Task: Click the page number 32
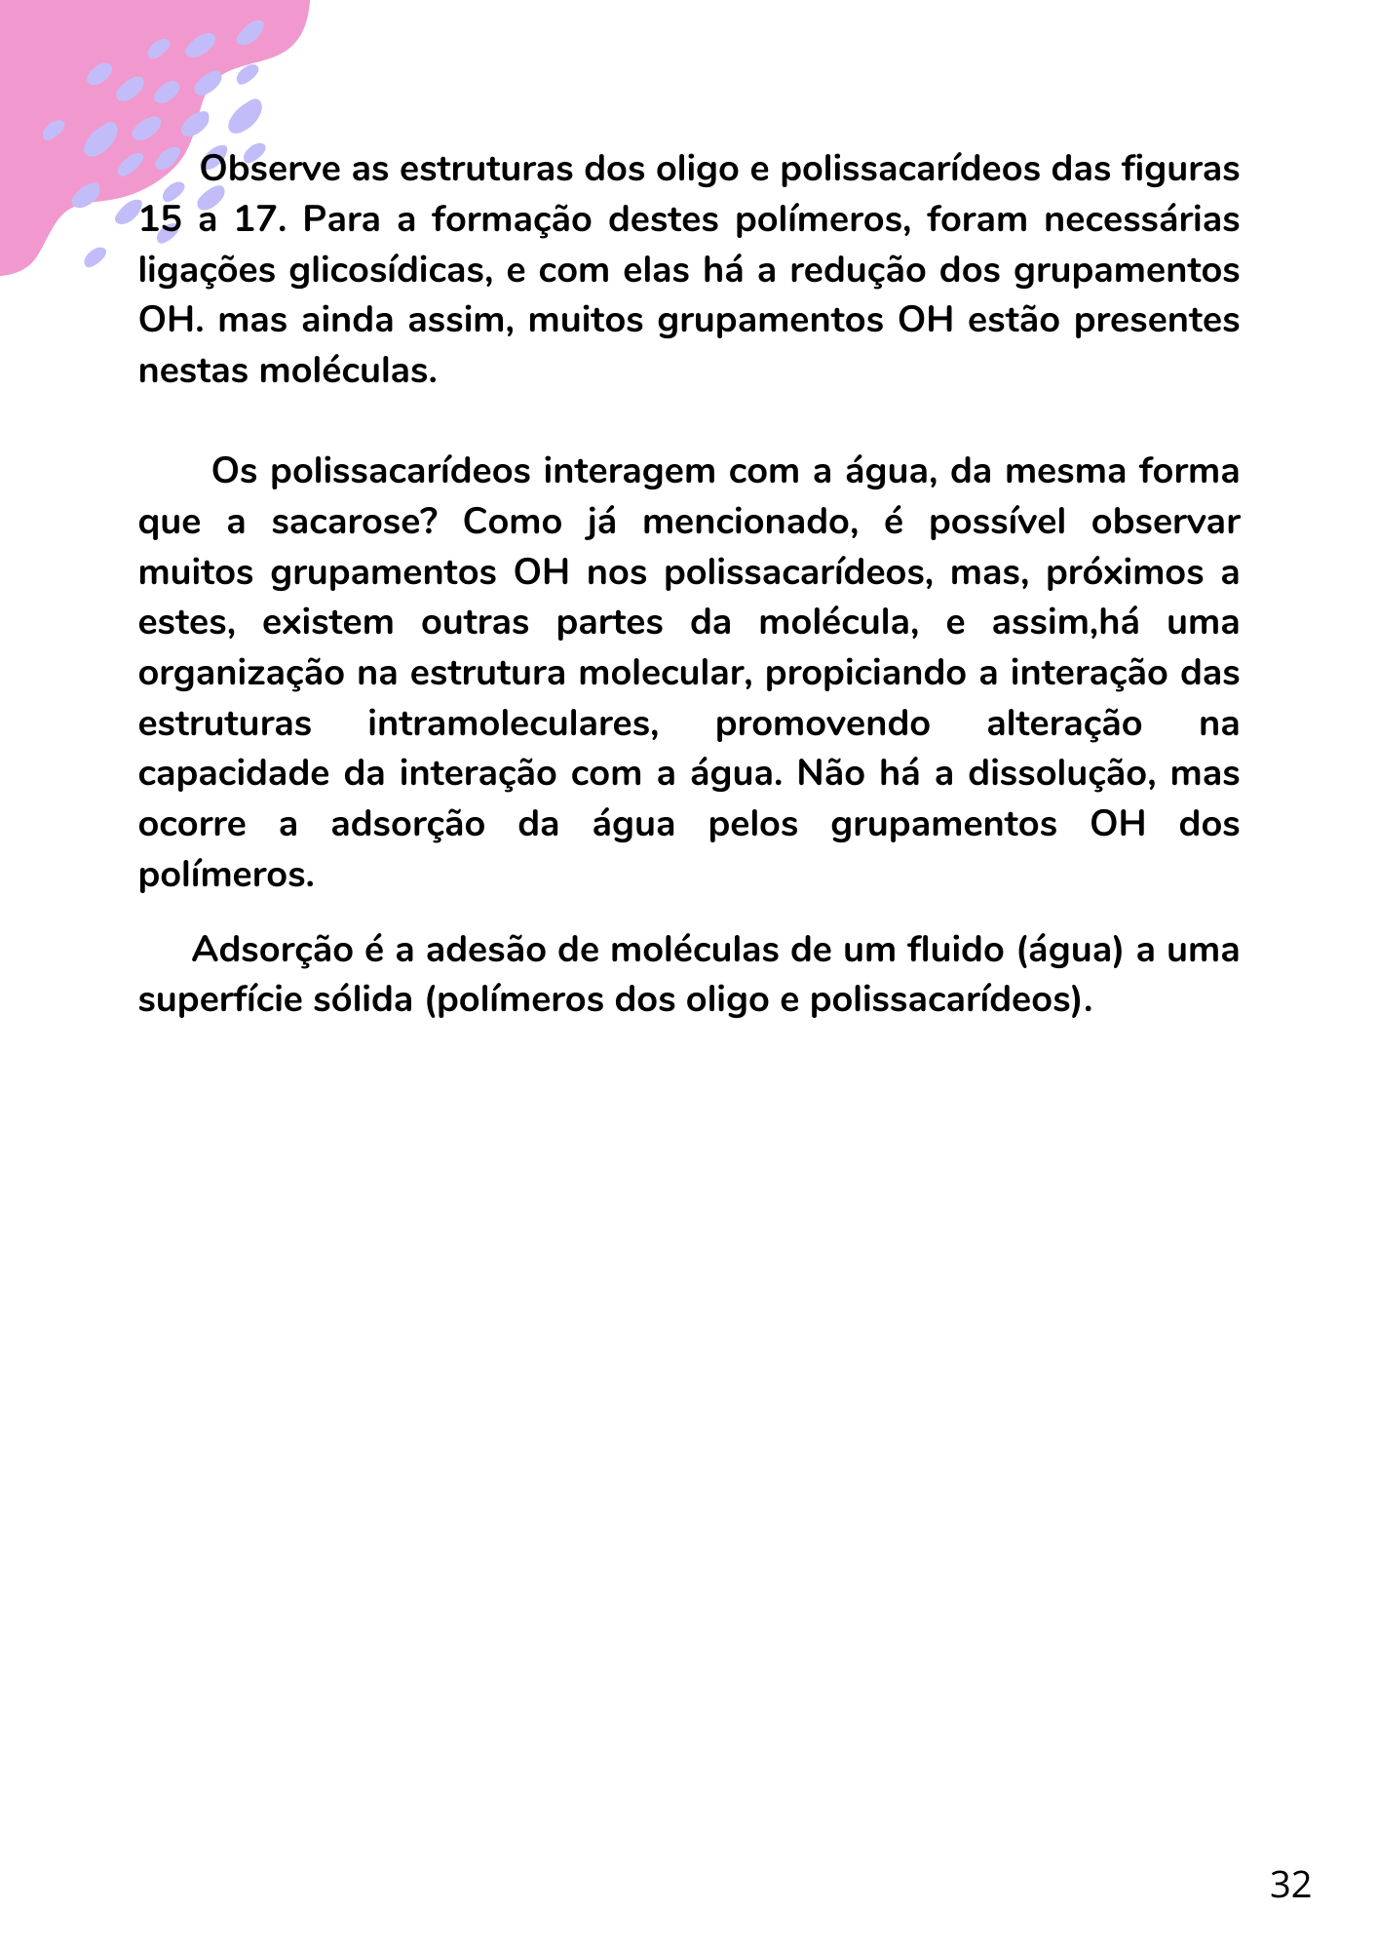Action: pos(1290,1885)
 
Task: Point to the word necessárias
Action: pos(1141,219)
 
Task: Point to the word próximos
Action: pos(1125,572)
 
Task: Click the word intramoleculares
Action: pos(514,723)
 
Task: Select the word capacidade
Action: pos(233,774)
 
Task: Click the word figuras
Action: pos(1180,169)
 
